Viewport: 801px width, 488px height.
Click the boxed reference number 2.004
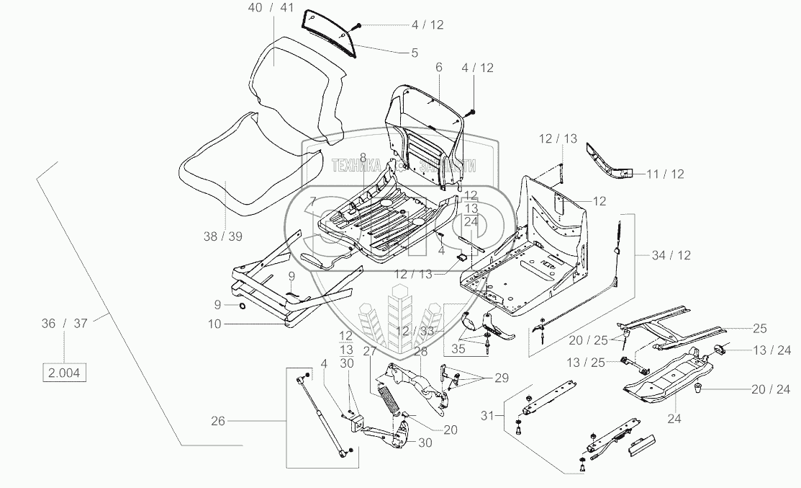point(64,373)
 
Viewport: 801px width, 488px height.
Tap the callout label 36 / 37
point(64,323)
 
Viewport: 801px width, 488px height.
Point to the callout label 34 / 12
point(670,254)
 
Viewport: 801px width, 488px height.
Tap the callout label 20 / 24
point(769,390)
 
